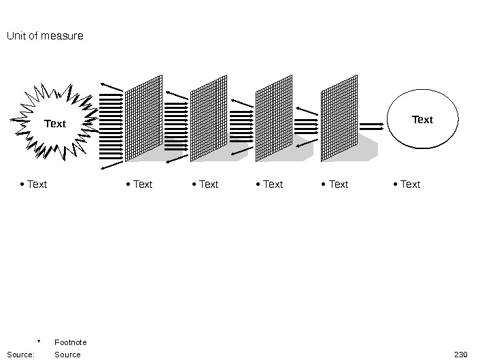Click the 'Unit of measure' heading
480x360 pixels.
tap(45, 35)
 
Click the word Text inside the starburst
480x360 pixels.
tap(55, 124)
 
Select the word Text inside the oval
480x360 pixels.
tap(422, 120)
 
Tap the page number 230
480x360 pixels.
tap(460, 355)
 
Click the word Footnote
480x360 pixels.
tap(71, 342)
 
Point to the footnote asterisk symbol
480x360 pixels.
tap(39, 342)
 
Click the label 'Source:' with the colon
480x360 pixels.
tap(20, 355)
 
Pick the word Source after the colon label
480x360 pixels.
tap(67, 355)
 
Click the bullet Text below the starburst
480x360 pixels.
tap(37, 184)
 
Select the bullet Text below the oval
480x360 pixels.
tap(410, 184)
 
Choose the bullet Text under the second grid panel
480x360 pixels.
tap(209, 184)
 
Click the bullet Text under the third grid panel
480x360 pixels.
tap(273, 184)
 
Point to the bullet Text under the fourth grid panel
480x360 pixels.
tap(338, 184)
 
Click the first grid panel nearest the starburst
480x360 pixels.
tap(143, 118)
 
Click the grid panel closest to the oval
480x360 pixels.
tap(339, 118)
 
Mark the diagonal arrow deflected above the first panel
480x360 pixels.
tap(112, 86)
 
